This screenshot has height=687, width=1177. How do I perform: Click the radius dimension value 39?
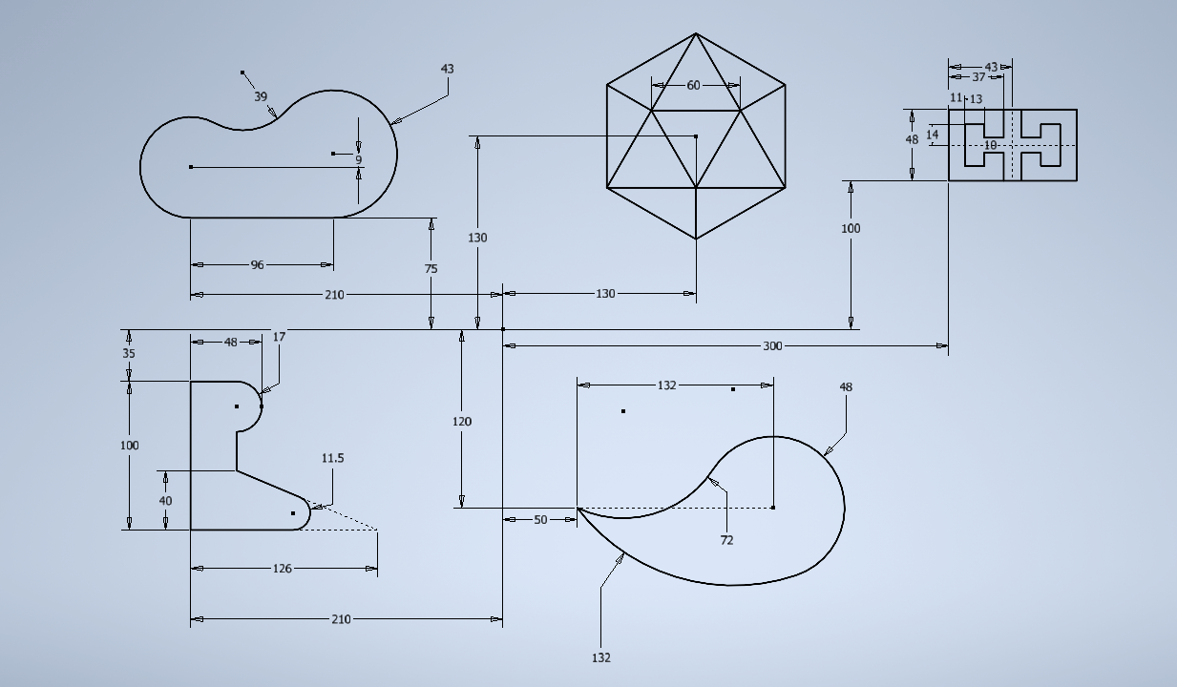click(261, 96)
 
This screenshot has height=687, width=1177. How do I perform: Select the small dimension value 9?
click(358, 159)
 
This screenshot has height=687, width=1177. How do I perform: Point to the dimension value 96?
click(257, 264)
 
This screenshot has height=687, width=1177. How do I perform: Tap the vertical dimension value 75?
click(431, 269)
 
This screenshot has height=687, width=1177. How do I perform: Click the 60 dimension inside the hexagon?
click(694, 85)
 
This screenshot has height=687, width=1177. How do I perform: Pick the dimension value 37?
click(978, 77)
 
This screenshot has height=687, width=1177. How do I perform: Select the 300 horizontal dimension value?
click(772, 346)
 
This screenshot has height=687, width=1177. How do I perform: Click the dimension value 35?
click(129, 353)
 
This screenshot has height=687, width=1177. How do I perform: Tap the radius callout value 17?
click(279, 337)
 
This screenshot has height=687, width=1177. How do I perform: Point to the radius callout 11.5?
click(332, 459)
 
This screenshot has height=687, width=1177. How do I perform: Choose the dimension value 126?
click(283, 569)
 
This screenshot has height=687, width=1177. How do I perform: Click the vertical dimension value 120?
click(462, 421)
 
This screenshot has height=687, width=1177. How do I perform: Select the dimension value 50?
click(540, 520)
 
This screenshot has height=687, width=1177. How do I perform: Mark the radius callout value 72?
click(726, 540)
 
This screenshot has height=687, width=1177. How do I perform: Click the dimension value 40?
click(165, 501)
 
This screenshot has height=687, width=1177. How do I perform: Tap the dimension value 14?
click(932, 135)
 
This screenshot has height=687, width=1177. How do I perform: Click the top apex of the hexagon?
click(696, 33)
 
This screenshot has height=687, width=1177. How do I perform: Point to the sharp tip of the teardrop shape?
click(578, 508)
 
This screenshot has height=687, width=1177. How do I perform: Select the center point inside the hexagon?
click(696, 136)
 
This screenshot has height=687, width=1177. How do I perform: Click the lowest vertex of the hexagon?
click(696, 239)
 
